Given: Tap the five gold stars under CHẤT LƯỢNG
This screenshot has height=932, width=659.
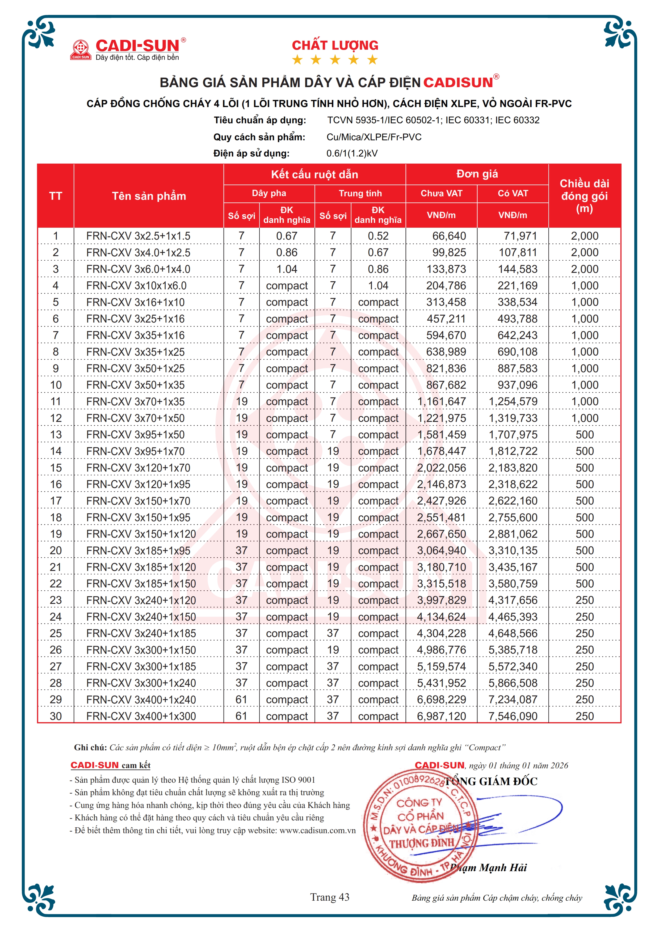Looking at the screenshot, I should point(335,60).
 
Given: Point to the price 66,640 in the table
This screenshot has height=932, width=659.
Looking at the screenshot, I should point(449,236).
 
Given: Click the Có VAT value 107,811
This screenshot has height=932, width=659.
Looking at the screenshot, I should point(518,252).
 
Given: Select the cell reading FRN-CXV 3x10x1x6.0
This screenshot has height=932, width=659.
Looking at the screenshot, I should point(136,286).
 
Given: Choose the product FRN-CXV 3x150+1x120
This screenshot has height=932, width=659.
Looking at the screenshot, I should point(141,534).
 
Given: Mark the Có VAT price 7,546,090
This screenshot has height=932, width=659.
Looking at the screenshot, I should point(513,717).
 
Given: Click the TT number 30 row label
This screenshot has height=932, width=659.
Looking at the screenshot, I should point(56,717).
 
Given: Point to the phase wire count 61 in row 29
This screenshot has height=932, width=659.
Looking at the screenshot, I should point(242,700).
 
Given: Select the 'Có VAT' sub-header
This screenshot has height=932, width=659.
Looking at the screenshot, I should point(513,193).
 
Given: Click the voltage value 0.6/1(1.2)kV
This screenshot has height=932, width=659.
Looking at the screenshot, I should point(352,154).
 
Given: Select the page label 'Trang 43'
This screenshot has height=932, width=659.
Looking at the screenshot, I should point(329,897).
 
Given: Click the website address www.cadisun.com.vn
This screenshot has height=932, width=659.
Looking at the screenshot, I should point(317,831).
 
